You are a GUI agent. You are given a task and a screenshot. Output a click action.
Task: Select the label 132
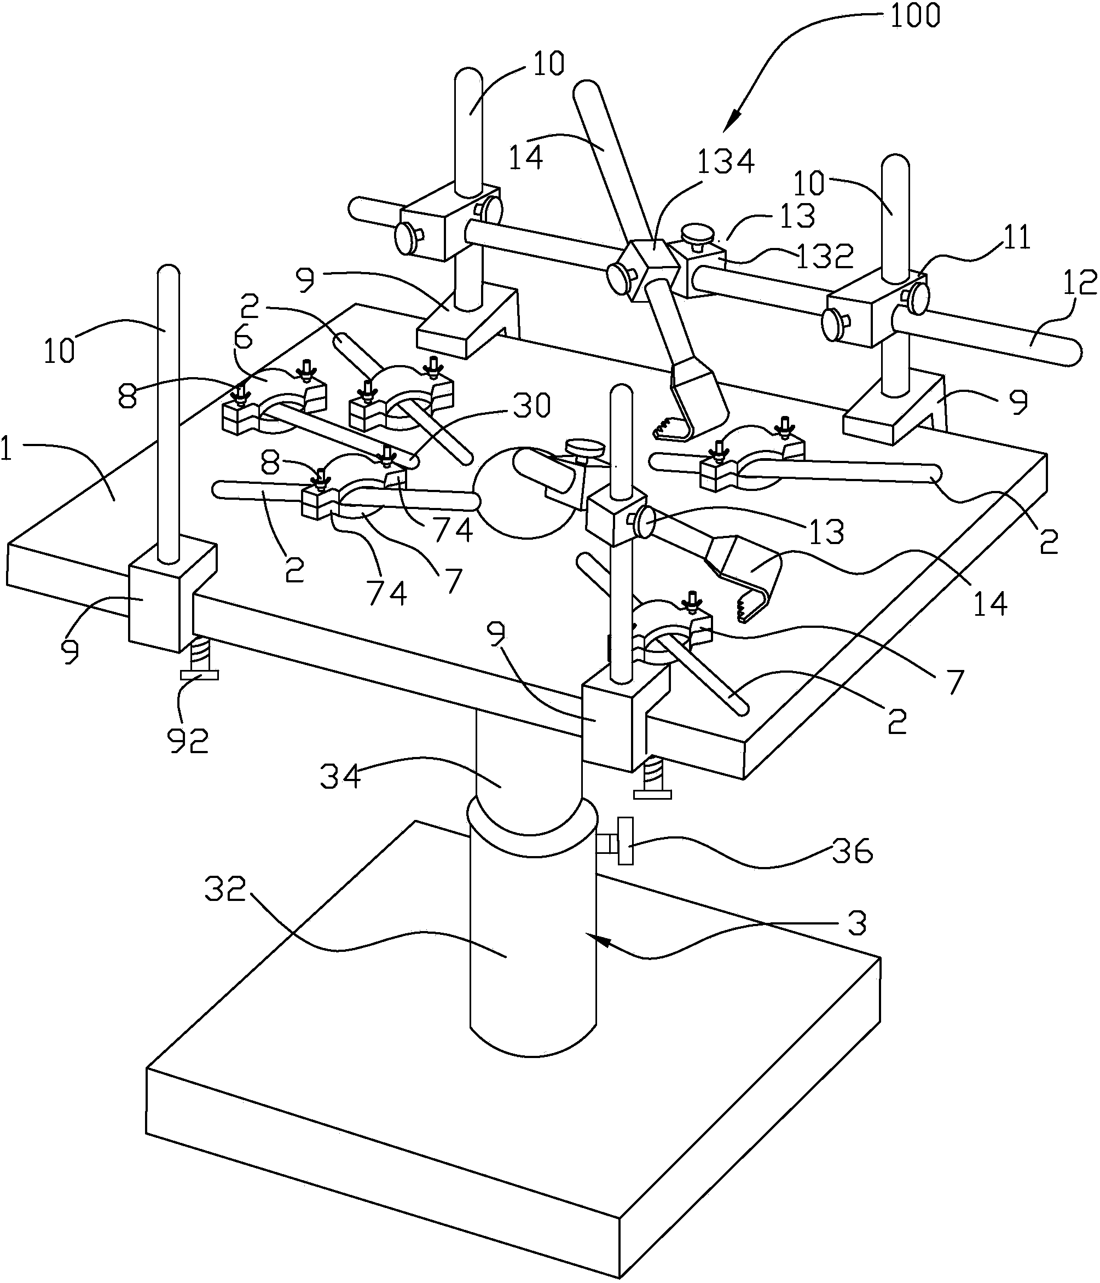tap(824, 256)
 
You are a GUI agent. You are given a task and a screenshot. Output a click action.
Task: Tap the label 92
tap(188, 740)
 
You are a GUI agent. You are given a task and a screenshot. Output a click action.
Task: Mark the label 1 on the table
tap(6, 452)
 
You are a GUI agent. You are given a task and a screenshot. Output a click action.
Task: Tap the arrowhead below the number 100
tap(736, 119)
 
